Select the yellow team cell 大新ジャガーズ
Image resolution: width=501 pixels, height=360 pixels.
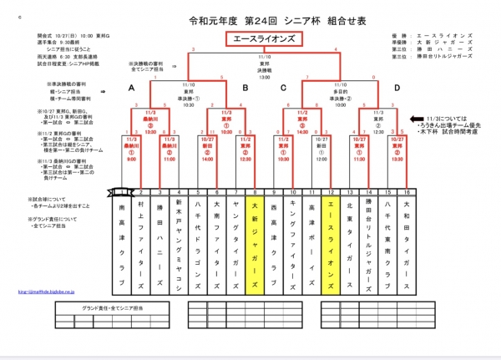tap(253, 238)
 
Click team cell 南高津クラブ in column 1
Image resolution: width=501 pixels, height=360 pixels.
tap(124, 238)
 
